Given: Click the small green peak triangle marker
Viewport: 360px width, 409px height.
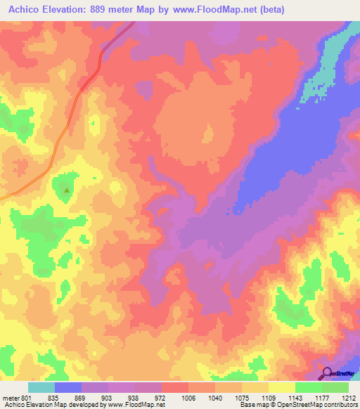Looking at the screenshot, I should pyautogui.click(x=67, y=190).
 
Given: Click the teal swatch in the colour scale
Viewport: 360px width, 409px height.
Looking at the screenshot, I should pyautogui.click(x=41, y=387).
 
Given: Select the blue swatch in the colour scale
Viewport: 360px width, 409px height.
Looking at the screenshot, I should pyautogui.click(x=68, y=387).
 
